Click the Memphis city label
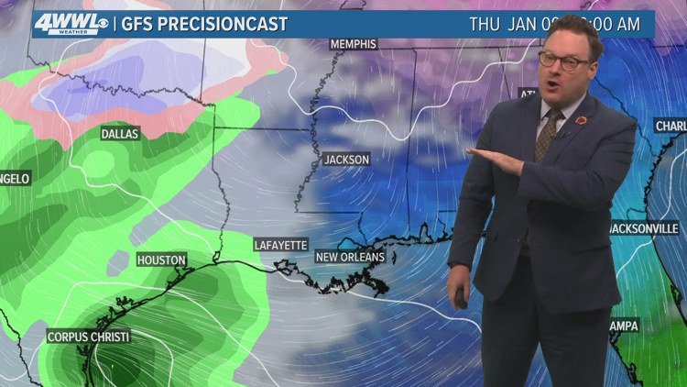point(353,44)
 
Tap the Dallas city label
point(120,134)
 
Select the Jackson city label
point(346,160)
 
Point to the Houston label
point(161,260)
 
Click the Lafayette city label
point(280,245)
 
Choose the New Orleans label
point(350,258)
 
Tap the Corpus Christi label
point(90,337)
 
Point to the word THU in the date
point(485,25)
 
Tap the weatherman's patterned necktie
point(548,134)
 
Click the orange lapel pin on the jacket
point(581,120)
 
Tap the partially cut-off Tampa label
point(626,326)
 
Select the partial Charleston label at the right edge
point(671,126)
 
